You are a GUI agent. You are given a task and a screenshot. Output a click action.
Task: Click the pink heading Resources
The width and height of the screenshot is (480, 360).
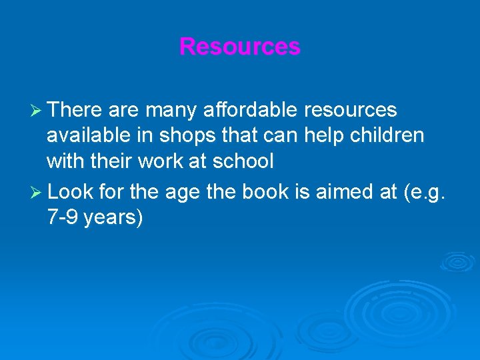(240, 47)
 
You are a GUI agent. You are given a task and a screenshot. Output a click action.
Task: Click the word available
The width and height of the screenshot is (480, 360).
(90, 135)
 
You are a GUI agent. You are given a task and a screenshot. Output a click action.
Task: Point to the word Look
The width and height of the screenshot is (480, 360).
(70, 192)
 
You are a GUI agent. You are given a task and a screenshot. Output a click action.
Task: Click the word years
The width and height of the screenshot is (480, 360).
(115, 219)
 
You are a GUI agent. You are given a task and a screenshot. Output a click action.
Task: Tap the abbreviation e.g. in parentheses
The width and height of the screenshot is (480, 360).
(431, 193)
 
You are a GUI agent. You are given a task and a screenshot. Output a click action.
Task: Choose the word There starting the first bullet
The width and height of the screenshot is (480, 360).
(74, 110)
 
